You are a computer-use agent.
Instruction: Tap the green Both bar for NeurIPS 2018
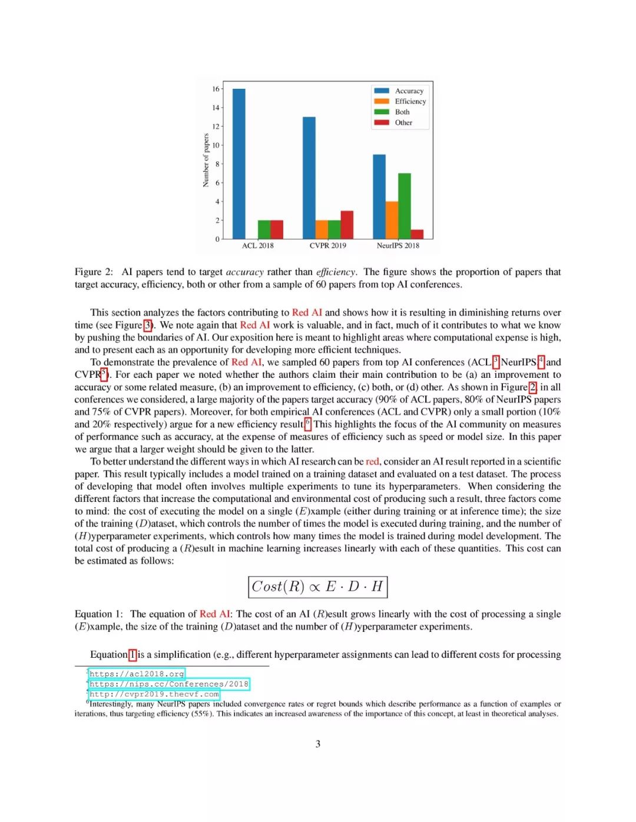tap(405, 205)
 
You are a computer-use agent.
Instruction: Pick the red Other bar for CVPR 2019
tap(347, 224)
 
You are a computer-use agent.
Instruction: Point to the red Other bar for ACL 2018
tap(277, 229)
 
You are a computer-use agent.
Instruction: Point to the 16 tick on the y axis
tap(216, 89)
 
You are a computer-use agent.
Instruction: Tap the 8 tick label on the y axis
tap(217, 164)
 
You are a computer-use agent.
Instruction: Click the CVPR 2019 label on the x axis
tap(328, 245)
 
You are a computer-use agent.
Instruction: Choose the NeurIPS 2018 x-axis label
tap(398, 245)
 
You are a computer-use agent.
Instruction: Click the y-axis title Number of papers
tap(206, 160)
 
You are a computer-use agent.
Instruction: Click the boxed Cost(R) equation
tap(317, 587)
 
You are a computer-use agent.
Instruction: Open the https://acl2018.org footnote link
tap(137, 674)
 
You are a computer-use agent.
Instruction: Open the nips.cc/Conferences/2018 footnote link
tap(169, 684)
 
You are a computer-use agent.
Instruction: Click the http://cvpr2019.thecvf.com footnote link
tap(154, 694)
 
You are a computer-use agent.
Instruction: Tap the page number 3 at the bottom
tap(318, 744)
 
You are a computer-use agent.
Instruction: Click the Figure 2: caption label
tap(94, 272)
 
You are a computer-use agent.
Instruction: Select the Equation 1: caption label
tap(98, 614)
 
